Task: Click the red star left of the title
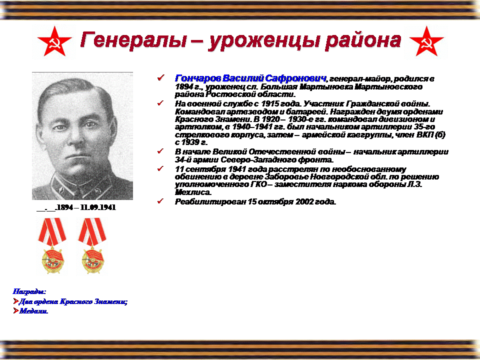[x=54, y=41]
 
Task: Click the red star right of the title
[x=426, y=41]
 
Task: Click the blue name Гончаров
[x=198, y=78]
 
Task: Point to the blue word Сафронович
[x=295, y=78]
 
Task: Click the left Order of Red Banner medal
[x=52, y=246]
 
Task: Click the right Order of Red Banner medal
[x=92, y=246]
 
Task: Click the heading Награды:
[x=29, y=291]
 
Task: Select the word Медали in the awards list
[x=33, y=311]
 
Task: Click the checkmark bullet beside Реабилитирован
[x=160, y=201]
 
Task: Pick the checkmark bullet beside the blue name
[x=160, y=77]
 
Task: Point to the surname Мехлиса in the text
[x=193, y=192]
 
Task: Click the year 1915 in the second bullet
[x=270, y=103]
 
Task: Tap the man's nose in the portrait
[x=75, y=138]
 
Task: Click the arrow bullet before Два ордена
[x=16, y=301]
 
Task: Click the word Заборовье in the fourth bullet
[x=284, y=177]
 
